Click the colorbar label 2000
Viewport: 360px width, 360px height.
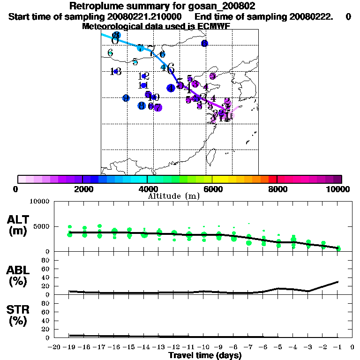[x=82, y=189]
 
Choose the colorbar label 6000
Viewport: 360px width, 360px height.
[x=212, y=189]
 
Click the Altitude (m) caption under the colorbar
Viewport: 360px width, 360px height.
[x=173, y=196]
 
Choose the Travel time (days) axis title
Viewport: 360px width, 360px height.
[x=205, y=355]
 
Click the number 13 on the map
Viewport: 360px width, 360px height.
[x=116, y=72]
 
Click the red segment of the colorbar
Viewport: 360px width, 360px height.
[x=273, y=179]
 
